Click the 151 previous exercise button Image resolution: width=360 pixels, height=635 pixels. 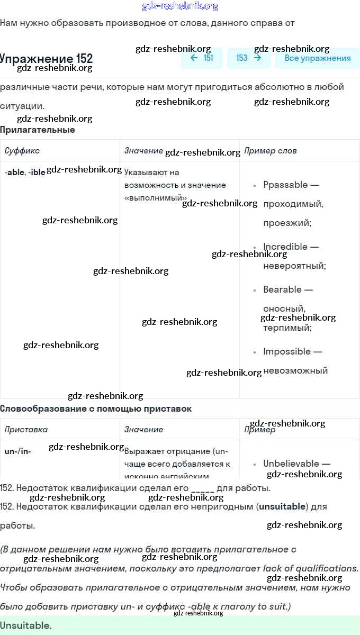tap(202, 58)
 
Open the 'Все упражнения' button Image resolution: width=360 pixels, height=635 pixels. tap(317, 58)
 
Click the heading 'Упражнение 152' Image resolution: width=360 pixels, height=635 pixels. tap(47, 58)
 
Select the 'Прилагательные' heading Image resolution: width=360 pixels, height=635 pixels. tap(38, 130)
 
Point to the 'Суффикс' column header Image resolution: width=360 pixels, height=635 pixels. tap(22, 151)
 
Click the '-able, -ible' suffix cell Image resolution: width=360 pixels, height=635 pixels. tap(25, 173)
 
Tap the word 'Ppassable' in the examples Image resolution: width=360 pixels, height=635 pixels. tap(285, 185)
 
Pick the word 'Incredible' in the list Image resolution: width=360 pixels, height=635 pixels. tap(285, 247)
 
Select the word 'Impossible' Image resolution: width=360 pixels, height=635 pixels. tap(287, 351)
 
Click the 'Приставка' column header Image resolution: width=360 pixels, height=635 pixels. tap(26, 430)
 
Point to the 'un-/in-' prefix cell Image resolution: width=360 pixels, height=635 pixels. tap(17, 451)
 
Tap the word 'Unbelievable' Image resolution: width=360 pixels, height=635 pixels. tap(291, 464)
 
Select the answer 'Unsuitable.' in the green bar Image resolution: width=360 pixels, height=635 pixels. tap(26, 625)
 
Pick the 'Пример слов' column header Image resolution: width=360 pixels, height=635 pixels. tap(271, 151)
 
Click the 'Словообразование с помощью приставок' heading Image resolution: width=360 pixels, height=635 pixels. tap(96, 409)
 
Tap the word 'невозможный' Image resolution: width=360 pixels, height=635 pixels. tap(295, 370)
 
